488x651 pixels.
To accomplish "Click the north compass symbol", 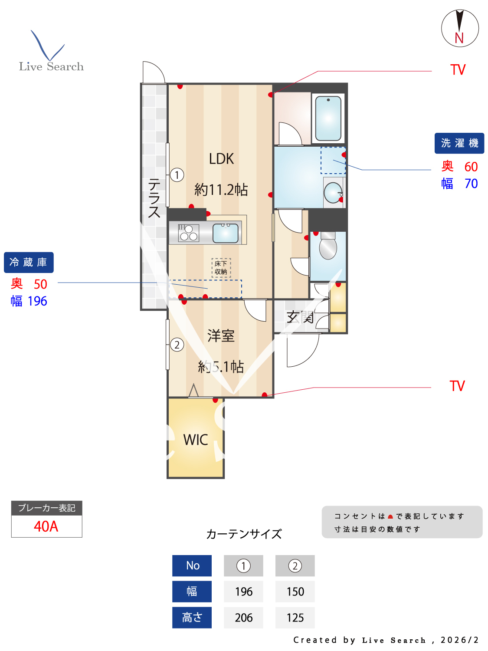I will [x=460, y=29].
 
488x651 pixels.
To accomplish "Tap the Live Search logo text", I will [x=51, y=66].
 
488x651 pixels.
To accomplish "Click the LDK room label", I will [x=221, y=159].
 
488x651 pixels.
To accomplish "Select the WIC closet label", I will [x=196, y=440].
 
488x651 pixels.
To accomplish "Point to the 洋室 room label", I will [x=221, y=335].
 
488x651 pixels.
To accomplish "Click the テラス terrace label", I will [x=154, y=198].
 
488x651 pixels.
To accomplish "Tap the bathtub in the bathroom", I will [x=328, y=118].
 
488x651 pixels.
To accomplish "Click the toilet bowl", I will [x=328, y=248].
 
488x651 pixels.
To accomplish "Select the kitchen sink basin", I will [x=226, y=233].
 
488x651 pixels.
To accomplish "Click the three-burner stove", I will [x=189, y=233].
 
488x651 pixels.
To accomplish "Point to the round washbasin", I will [x=334, y=192].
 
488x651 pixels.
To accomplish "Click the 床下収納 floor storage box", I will [x=221, y=268].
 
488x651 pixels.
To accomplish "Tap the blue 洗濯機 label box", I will [x=459, y=143].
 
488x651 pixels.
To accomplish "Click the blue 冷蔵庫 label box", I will [x=29, y=263].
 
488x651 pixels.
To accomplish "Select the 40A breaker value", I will [x=46, y=526].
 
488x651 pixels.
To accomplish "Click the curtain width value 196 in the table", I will [x=243, y=592].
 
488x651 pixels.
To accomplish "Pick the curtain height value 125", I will [x=295, y=618].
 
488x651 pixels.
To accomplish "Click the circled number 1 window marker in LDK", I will [x=177, y=175].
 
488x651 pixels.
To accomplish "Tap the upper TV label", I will [x=458, y=70].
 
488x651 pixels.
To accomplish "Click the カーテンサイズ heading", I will [x=244, y=534].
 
